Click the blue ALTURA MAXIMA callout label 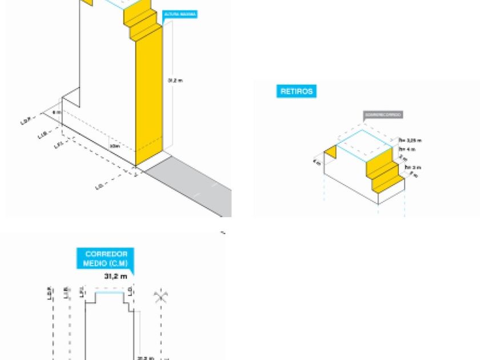tap(179, 14)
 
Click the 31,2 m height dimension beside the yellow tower tap(175, 81)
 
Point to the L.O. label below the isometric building tap(99, 186)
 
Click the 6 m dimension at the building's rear tap(56, 113)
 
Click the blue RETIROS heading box tap(296, 91)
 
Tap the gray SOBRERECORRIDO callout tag tap(383, 114)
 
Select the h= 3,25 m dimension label tap(410, 140)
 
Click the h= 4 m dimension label tap(407, 149)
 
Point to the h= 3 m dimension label tap(413, 167)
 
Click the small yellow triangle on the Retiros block tap(330, 153)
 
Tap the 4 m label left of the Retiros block tap(315, 162)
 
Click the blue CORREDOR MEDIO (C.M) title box tap(105, 258)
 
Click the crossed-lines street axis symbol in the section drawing tap(161, 297)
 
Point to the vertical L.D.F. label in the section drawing tap(50, 294)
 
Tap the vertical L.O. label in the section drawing tap(131, 292)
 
